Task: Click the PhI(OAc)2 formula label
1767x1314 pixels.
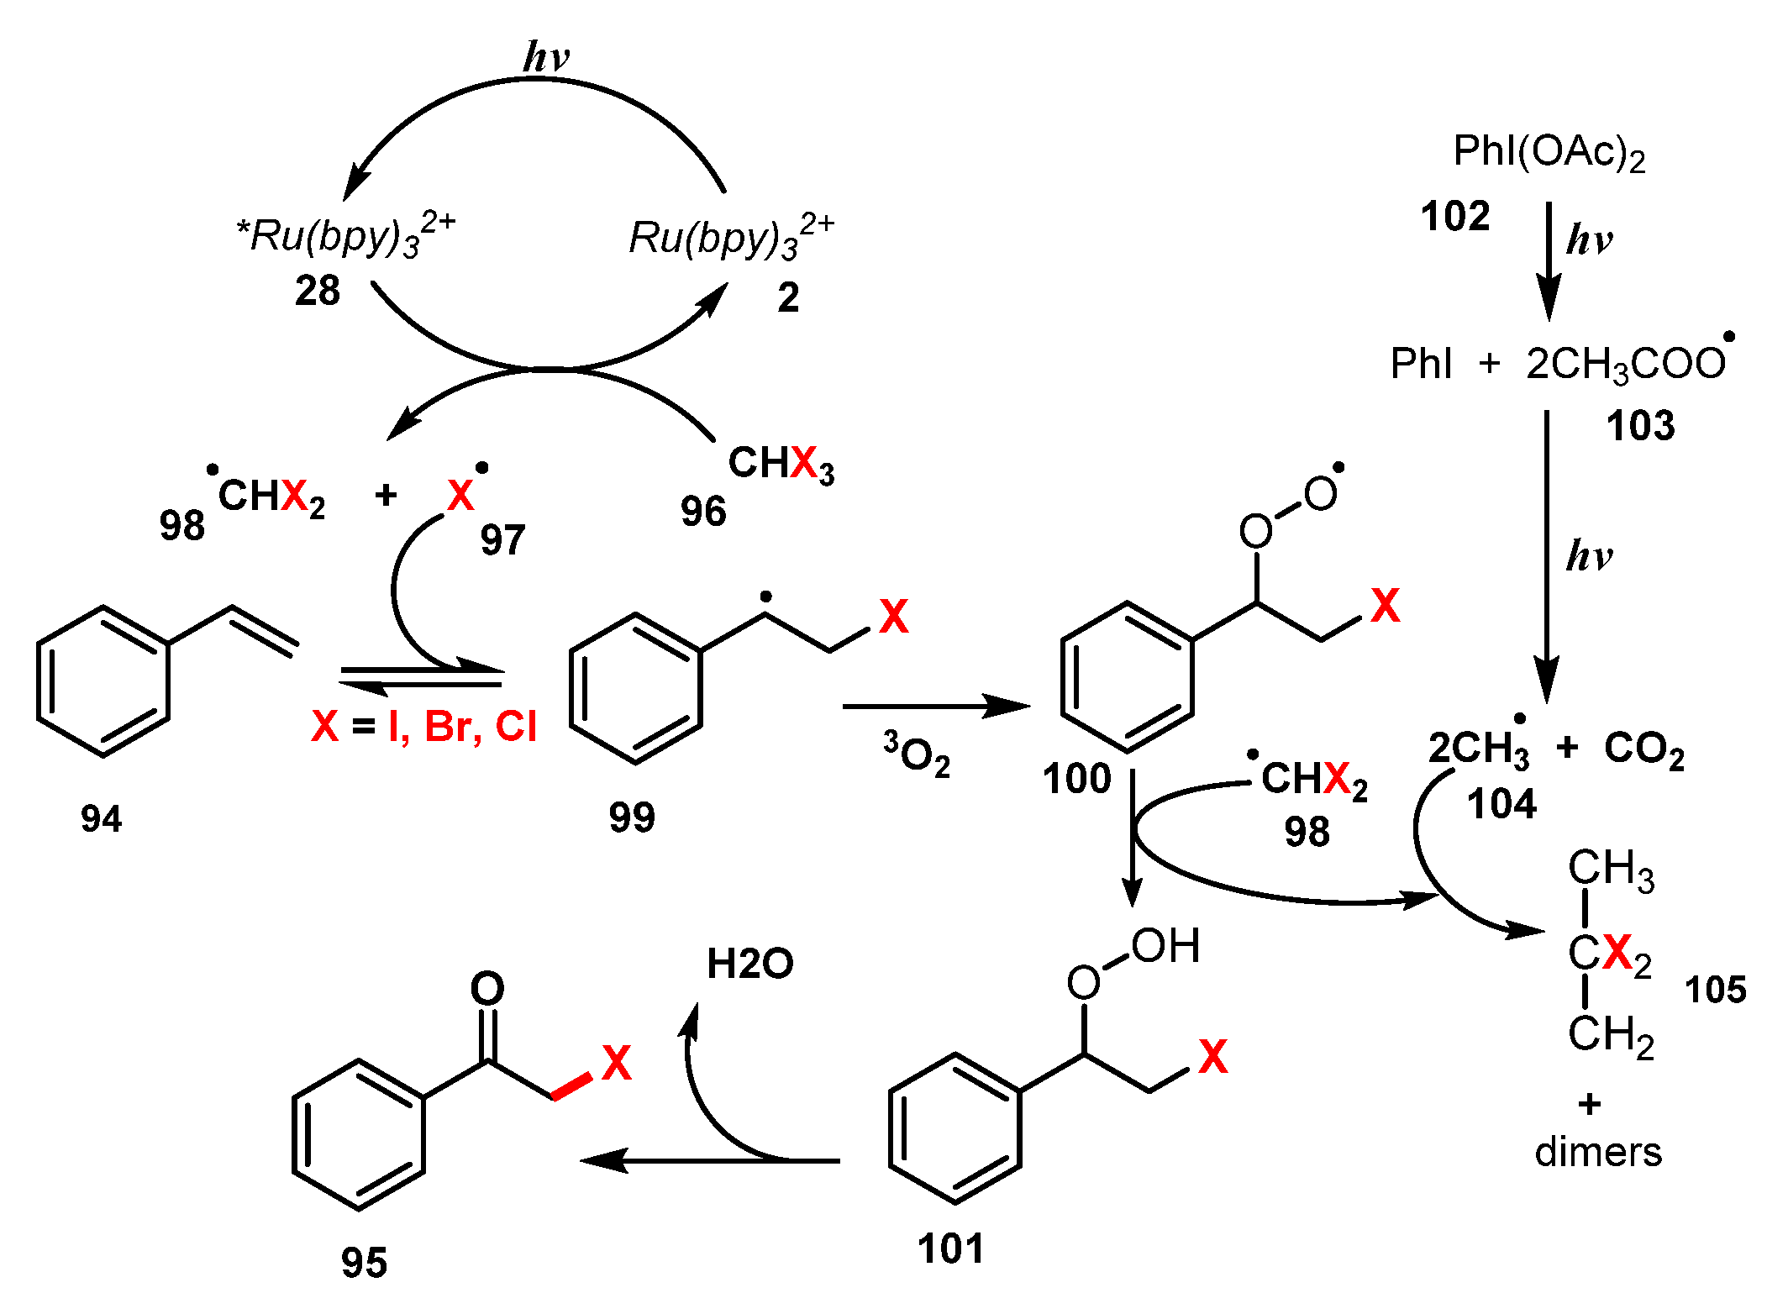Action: point(1548,153)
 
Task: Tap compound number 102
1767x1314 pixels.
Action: point(1454,216)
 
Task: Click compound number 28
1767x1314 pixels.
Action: point(318,291)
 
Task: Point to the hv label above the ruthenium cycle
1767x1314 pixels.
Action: point(546,57)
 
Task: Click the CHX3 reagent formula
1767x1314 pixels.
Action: point(781,464)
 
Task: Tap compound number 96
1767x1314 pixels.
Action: point(703,511)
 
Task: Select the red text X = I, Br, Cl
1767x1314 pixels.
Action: point(423,726)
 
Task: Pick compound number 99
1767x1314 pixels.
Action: point(632,817)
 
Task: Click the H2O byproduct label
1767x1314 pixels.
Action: point(749,964)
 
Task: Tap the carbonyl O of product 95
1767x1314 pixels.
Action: point(487,989)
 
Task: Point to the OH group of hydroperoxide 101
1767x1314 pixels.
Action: point(1165,946)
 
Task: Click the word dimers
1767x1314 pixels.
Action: point(1598,1152)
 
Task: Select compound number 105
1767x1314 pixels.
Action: point(1715,990)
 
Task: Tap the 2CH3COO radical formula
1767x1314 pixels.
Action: point(1626,364)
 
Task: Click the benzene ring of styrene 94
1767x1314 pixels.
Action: point(103,681)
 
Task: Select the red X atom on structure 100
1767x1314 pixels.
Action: point(1385,606)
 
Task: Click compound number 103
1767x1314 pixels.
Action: point(1640,426)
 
